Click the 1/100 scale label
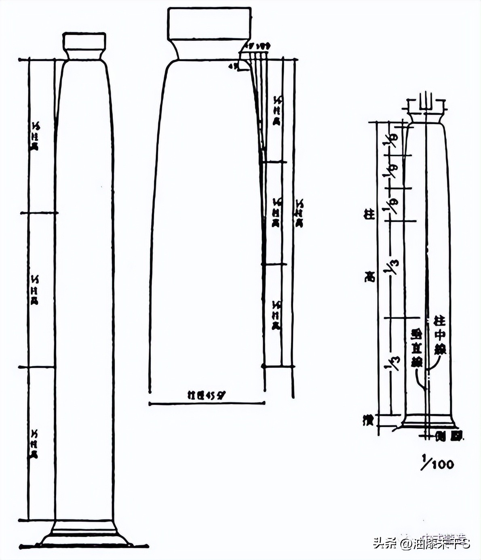click(x=438, y=463)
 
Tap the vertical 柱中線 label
click(x=439, y=335)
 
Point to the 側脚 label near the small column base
click(x=451, y=436)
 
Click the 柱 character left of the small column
click(x=369, y=215)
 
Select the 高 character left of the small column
click(x=369, y=277)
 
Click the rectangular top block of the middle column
click(x=209, y=23)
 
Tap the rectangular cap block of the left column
click(x=84, y=41)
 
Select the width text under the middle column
click(x=206, y=395)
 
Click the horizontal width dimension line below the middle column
click(x=207, y=403)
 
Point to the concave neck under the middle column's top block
click(x=209, y=50)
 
